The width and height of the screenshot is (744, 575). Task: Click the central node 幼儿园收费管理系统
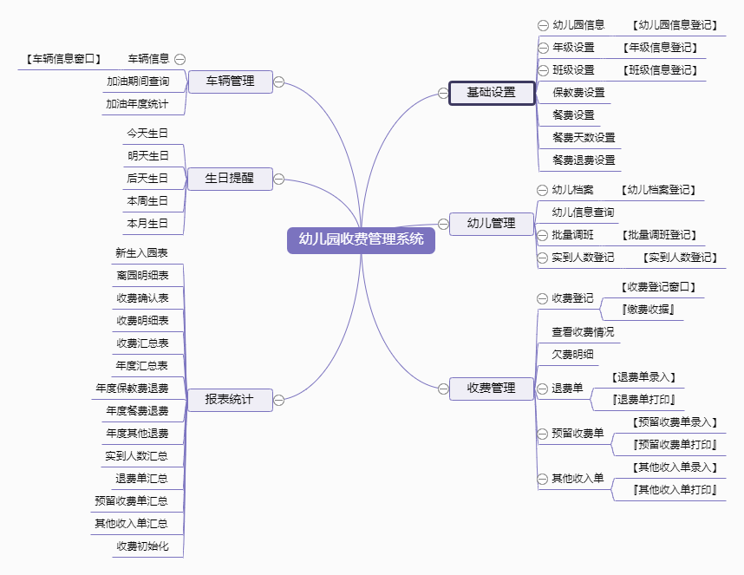tap(361, 240)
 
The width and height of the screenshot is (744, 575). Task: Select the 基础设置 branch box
tap(492, 93)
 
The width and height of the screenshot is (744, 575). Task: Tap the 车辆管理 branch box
tap(230, 82)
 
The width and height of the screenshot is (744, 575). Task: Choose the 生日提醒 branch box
tap(230, 179)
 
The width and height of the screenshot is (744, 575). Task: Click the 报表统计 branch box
tap(230, 400)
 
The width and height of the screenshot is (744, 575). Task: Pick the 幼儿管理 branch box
tap(492, 224)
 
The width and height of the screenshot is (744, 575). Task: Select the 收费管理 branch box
tap(492, 389)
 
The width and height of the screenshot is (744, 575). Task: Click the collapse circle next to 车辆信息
tap(179, 59)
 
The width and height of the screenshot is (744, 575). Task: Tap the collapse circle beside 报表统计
tap(279, 400)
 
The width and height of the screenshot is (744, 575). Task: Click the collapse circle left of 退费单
tap(542, 389)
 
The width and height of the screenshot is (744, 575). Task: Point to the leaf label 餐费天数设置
tap(584, 138)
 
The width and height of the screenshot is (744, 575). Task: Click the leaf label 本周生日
tap(147, 201)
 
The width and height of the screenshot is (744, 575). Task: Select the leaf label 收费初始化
tap(142, 546)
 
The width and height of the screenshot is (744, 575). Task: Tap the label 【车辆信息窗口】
tap(63, 59)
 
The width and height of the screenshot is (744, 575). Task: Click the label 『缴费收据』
tap(648, 310)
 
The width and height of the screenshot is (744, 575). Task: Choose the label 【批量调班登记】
tap(659, 235)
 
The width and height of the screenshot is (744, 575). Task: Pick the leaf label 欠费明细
tap(572, 355)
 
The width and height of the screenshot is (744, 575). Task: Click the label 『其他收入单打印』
tap(675, 490)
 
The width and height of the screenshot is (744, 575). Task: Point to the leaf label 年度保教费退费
tap(132, 389)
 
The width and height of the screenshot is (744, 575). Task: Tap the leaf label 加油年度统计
tap(137, 104)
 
